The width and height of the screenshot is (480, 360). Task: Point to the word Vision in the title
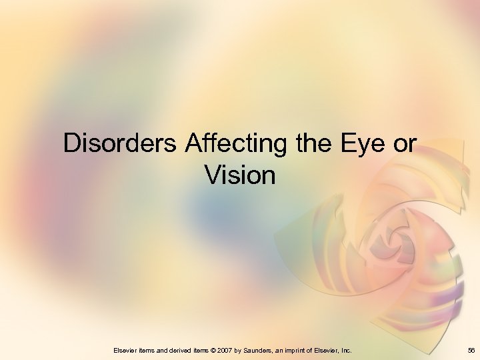point(240,175)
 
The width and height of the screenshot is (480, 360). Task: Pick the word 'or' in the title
point(403,144)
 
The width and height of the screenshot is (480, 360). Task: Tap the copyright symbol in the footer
point(215,349)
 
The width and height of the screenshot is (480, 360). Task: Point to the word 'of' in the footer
point(317,349)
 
